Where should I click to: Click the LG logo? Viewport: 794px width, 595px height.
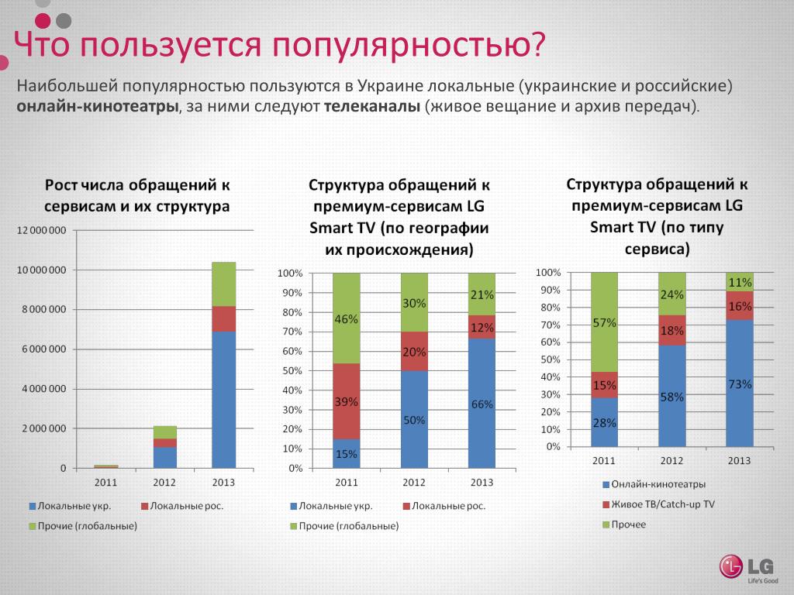click(744, 566)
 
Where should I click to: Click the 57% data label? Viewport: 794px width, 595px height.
click(605, 323)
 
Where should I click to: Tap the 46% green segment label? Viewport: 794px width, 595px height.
click(346, 318)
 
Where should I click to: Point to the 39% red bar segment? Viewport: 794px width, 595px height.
click(346, 401)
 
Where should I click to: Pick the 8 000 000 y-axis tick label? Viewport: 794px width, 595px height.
click(44, 310)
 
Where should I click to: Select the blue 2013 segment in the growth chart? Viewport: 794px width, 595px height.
click(224, 399)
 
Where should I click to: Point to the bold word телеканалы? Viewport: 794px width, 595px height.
click(372, 106)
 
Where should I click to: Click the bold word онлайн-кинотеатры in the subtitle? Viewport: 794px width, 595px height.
click(98, 106)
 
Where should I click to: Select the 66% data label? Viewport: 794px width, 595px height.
click(482, 404)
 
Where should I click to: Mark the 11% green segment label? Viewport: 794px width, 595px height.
click(740, 283)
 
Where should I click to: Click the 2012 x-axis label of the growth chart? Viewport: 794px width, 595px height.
click(164, 482)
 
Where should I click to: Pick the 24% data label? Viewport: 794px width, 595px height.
click(671, 294)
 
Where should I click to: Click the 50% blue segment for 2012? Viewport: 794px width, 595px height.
click(414, 419)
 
